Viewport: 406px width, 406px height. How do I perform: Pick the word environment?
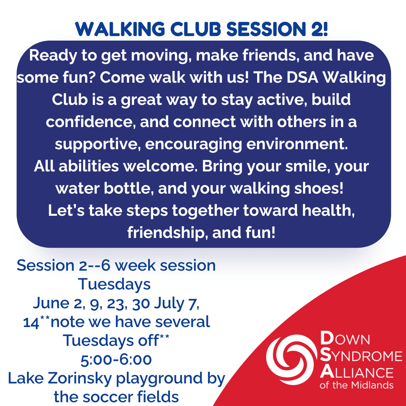coord(297,144)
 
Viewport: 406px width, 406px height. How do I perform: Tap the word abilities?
coord(89,166)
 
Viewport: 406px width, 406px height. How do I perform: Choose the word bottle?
coord(127,188)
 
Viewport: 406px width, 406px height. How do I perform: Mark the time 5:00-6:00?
coord(116,360)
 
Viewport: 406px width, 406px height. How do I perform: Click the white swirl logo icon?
coord(291,360)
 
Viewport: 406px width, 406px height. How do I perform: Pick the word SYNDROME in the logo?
coord(361,356)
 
